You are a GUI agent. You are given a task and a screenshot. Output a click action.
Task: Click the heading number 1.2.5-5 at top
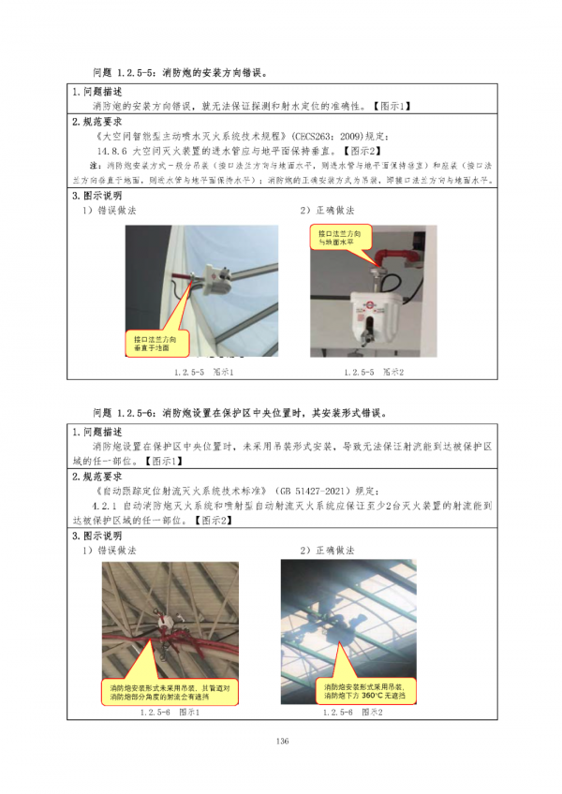[x=138, y=71]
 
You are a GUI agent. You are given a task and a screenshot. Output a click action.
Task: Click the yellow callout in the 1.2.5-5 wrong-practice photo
[x=155, y=342]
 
